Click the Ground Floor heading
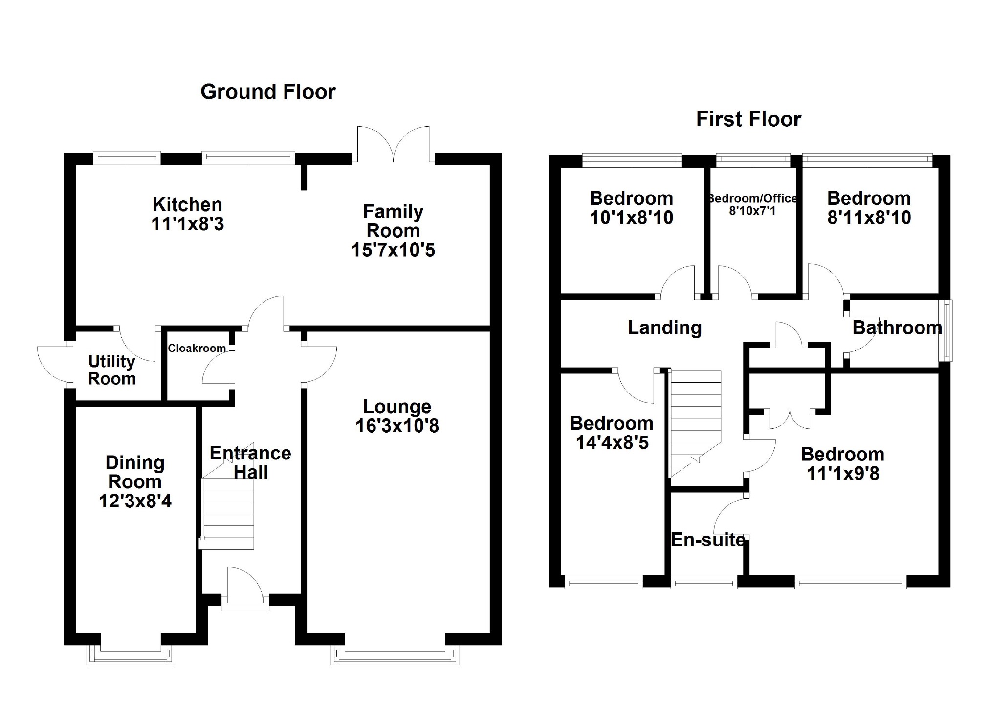268,92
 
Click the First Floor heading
748,119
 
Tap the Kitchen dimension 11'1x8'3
187,224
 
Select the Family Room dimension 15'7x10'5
393,250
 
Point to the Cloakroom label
197,348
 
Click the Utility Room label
112,370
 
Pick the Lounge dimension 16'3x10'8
397,426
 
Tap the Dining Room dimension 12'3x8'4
135,501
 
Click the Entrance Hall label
250,462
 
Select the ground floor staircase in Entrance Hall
229,513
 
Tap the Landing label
664,327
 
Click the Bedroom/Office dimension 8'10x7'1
752,211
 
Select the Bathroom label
897,327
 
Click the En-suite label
708,540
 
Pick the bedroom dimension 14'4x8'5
612,442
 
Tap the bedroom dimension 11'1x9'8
843,473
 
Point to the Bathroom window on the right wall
947,330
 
